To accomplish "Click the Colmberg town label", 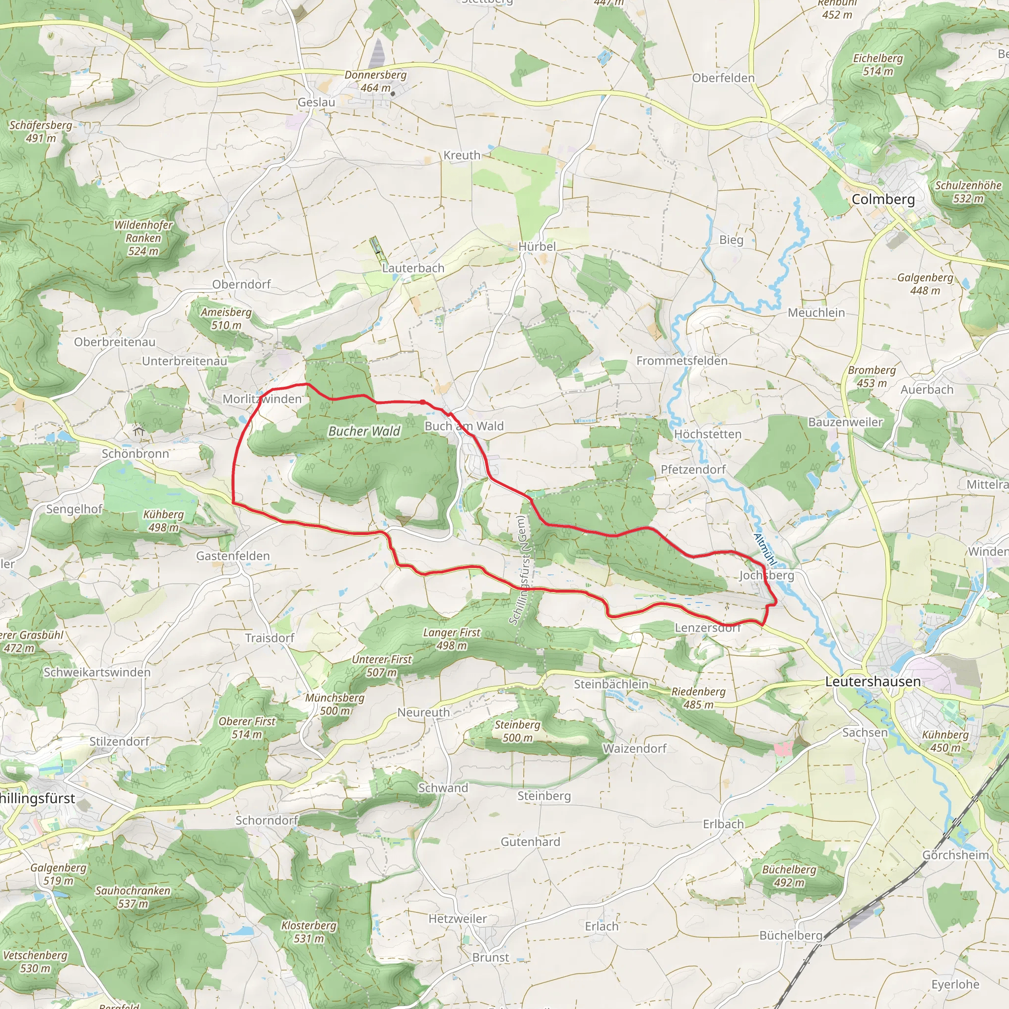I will (883, 200).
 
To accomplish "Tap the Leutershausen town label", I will (873, 681).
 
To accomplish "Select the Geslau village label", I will (316, 102).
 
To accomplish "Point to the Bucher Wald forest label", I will (364, 432).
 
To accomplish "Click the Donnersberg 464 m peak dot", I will (393, 94).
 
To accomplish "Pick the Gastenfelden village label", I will (233, 556).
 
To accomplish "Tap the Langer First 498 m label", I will (452, 639).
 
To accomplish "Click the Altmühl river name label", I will (766, 550).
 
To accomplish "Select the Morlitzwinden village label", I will (262, 399).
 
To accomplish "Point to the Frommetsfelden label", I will (681, 361).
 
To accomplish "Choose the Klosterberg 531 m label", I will (308, 932).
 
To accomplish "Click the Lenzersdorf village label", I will (707, 628).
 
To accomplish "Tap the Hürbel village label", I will (537, 246).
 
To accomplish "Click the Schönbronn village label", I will (135, 454).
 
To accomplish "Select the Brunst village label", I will (490, 958).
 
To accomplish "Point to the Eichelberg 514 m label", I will (878, 65).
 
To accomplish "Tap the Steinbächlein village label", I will (611, 684).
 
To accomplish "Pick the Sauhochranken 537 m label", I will (133, 897).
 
